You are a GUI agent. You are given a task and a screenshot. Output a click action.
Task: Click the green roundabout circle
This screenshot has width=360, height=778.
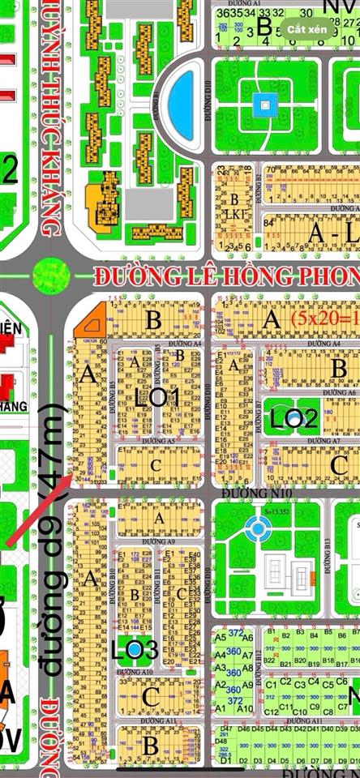(49, 272)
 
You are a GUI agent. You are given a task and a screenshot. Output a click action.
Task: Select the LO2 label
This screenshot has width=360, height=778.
(294, 418)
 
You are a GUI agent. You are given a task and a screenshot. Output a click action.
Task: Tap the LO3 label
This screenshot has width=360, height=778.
(135, 649)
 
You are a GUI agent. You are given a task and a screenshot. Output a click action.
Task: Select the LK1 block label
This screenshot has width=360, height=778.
(235, 214)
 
